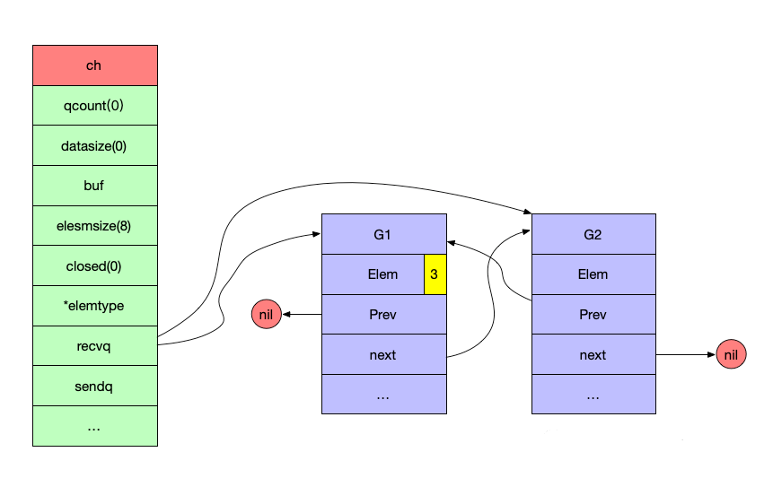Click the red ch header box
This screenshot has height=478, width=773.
[95, 65]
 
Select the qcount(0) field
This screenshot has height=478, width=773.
[95, 105]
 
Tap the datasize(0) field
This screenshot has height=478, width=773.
[95, 145]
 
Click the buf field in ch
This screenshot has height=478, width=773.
[95, 186]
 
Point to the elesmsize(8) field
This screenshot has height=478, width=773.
[95, 226]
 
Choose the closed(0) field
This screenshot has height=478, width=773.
[95, 265]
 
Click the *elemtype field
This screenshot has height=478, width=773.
[95, 306]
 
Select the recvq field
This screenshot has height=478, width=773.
[95, 346]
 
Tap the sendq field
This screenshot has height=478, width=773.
[95, 387]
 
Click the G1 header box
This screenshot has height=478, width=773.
[384, 234]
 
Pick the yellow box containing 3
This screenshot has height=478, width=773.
[435, 274]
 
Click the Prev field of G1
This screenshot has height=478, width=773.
[384, 315]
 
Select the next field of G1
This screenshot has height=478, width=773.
[384, 354]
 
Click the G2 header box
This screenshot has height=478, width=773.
[593, 234]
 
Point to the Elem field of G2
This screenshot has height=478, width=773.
[593, 274]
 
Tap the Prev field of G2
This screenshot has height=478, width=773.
[593, 315]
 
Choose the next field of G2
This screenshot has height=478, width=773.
[593, 354]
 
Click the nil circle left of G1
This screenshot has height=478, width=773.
[267, 314]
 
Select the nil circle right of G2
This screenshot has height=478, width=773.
[731, 354]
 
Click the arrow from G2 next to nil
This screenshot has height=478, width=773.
[686, 354]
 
